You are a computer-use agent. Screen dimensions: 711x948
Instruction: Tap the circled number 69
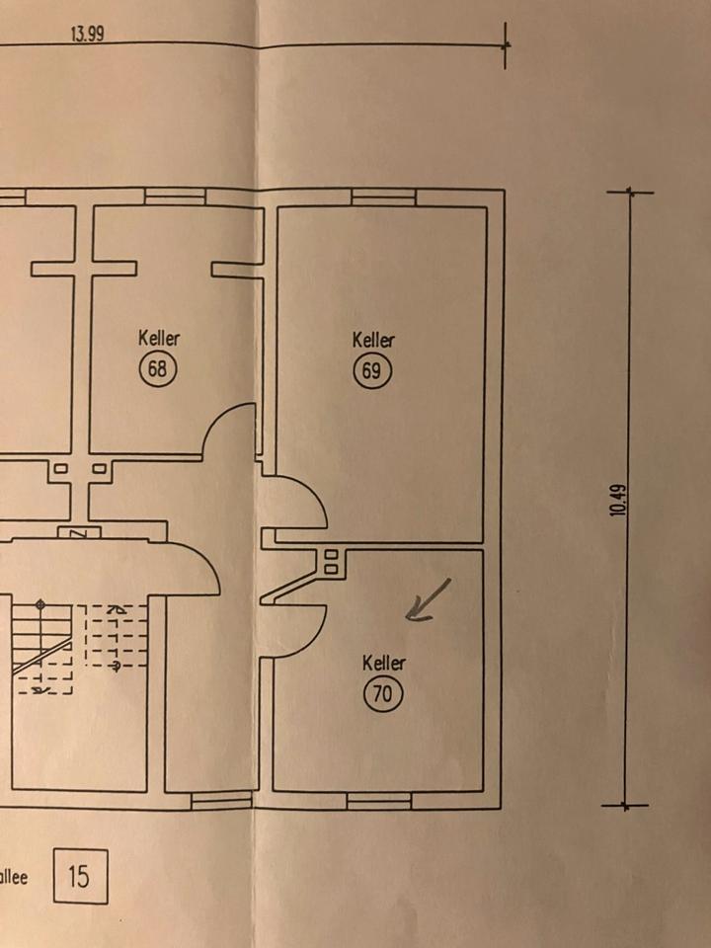(x=373, y=371)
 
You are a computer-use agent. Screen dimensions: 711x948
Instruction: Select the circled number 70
(x=383, y=694)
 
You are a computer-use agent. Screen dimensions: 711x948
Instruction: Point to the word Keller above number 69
(x=373, y=340)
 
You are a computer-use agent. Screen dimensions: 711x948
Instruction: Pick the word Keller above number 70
(x=383, y=663)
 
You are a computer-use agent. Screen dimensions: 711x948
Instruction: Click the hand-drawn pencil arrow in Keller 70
(x=429, y=601)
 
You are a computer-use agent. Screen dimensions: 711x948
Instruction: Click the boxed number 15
(x=78, y=874)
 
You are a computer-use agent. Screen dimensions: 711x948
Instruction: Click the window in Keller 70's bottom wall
(x=378, y=801)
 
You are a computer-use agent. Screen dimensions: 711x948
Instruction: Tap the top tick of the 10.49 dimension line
(x=629, y=194)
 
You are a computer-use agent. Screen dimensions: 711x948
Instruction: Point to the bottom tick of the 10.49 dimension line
(x=627, y=806)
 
